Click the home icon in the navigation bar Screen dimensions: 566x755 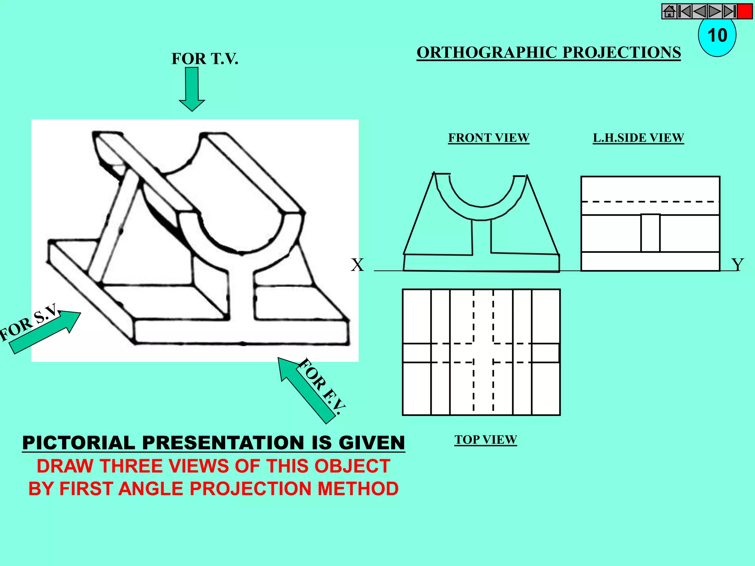pyautogui.click(x=669, y=11)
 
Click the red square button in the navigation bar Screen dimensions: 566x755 pyautogui.click(x=745, y=11)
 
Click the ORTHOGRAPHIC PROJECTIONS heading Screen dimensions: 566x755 pyautogui.click(x=549, y=52)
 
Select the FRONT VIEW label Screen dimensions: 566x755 pyautogui.click(x=488, y=138)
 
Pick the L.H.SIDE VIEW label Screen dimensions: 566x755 pyautogui.click(x=638, y=138)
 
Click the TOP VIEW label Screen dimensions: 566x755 pyautogui.click(x=486, y=440)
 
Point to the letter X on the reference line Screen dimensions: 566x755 pyautogui.click(x=357, y=265)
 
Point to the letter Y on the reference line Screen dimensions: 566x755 pyautogui.click(x=738, y=265)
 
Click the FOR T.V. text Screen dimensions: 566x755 pyautogui.click(x=205, y=59)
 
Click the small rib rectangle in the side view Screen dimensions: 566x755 pyautogui.click(x=650, y=233)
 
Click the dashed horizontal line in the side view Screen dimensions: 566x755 pyautogui.click(x=650, y=202)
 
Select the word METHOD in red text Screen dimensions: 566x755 pyautogui.click(x=358, y=489)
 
